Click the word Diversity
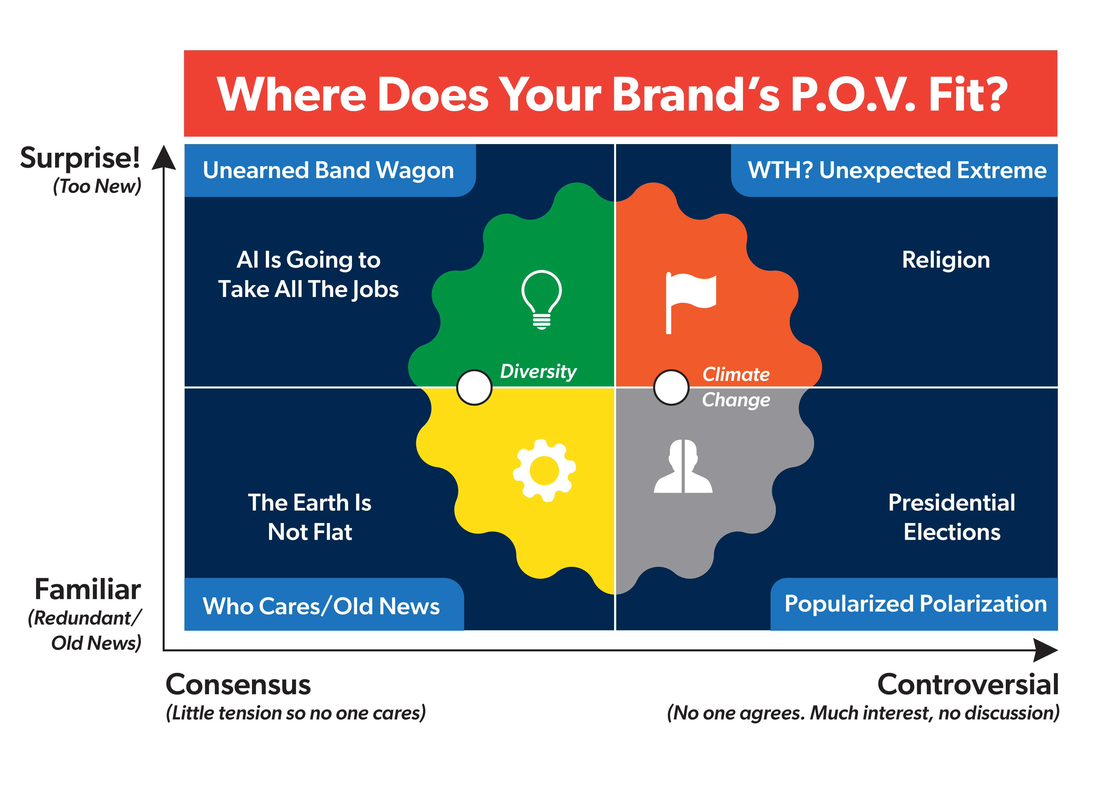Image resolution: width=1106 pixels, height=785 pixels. point(538,371)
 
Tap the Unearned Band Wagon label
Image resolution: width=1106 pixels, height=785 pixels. point(328,170)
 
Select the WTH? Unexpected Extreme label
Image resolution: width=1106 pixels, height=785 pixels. point(897,170)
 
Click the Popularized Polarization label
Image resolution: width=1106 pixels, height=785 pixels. point(916,604)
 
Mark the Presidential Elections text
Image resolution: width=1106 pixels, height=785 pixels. point(951,517)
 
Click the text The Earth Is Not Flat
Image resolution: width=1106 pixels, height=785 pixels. point(310,517)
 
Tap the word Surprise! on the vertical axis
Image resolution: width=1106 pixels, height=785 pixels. point(80,158)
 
